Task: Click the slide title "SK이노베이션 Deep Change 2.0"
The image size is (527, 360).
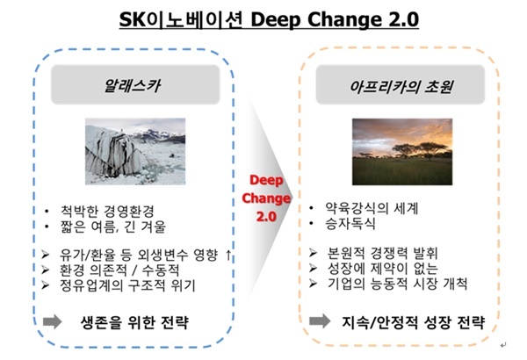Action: (x=269, y=20)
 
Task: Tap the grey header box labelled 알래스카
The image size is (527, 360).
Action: (x=135, y=84)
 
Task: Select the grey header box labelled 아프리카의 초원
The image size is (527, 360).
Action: (x=401, y=84)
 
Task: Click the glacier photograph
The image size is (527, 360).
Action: (x=135, y=151)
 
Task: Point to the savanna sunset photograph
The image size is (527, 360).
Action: (x=402, y=152)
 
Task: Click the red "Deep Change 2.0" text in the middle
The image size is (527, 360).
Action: (x=266, y=198)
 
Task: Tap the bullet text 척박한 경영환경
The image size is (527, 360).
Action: (x=107, y=211)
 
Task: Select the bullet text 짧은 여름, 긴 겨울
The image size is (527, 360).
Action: (x=113, y=227)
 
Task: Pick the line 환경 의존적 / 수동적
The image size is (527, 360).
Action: (x=119, y=270)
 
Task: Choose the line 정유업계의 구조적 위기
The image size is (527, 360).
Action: (x=127, y=285)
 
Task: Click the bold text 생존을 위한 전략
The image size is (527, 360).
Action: (x=134, y=322)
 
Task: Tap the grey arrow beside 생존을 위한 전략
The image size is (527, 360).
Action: (x=53, y=321)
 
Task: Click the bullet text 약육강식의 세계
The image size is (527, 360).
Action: (x=372, y=208)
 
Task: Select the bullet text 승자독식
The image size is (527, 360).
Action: (x=350, y=224)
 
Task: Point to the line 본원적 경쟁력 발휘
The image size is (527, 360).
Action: (x=382, y=253)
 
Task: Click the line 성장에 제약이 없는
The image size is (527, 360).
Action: (x=382, y=268)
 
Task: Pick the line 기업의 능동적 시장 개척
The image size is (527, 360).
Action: (x=397, y=284)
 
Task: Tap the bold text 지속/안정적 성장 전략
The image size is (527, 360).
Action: (x=414, y=322)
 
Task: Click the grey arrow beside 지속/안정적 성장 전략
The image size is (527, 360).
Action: (x=320, y=321)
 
